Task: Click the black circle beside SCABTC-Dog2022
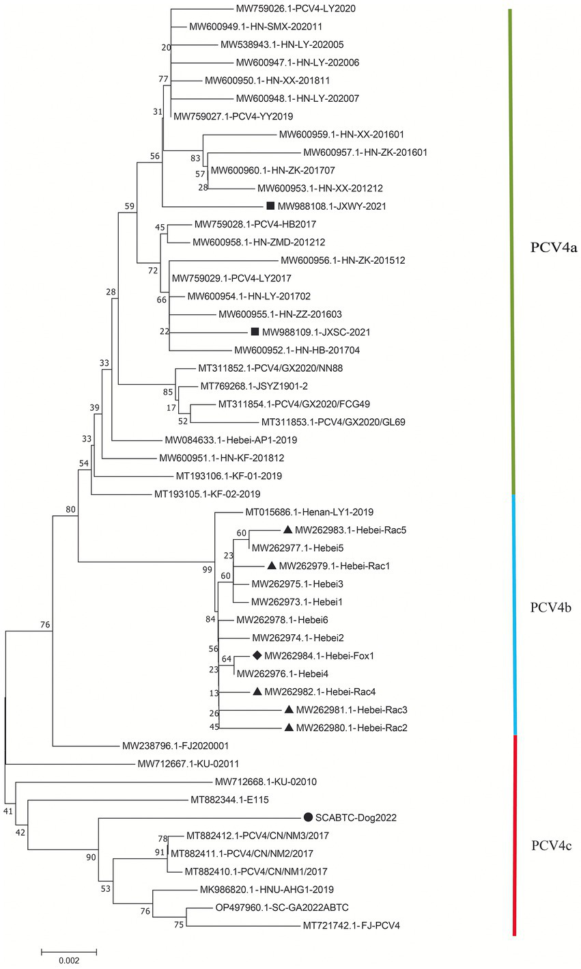308,817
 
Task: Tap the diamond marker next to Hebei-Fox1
257,655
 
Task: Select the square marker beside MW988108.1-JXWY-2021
270,206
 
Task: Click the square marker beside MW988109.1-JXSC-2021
255,332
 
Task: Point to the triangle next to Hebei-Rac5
287,530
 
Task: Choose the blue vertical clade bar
514,613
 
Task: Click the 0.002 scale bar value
68,960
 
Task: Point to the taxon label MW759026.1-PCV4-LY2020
296,9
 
